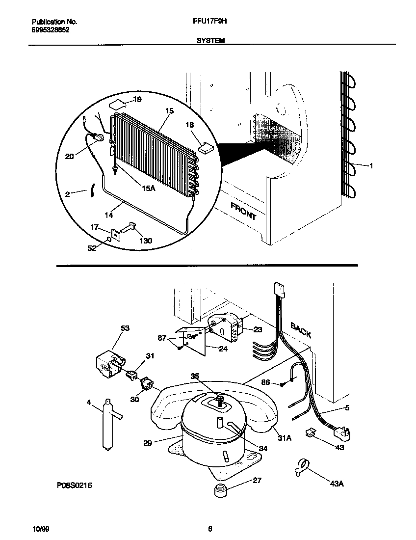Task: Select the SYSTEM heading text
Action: (x=210, y=41)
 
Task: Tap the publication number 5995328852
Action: (x=50, y=29)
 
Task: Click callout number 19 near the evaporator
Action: (x=137, y=100)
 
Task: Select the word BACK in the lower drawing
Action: (x=301, y=329)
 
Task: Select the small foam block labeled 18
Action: (x=205, y=146)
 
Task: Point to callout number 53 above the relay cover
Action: (x=125, y=328)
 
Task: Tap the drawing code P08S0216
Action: (x=75, y=485)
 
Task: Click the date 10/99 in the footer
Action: (x=40, y=529)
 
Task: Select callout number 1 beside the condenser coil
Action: (x=371, y=166)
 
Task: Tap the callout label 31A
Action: (x=285, y=438)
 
